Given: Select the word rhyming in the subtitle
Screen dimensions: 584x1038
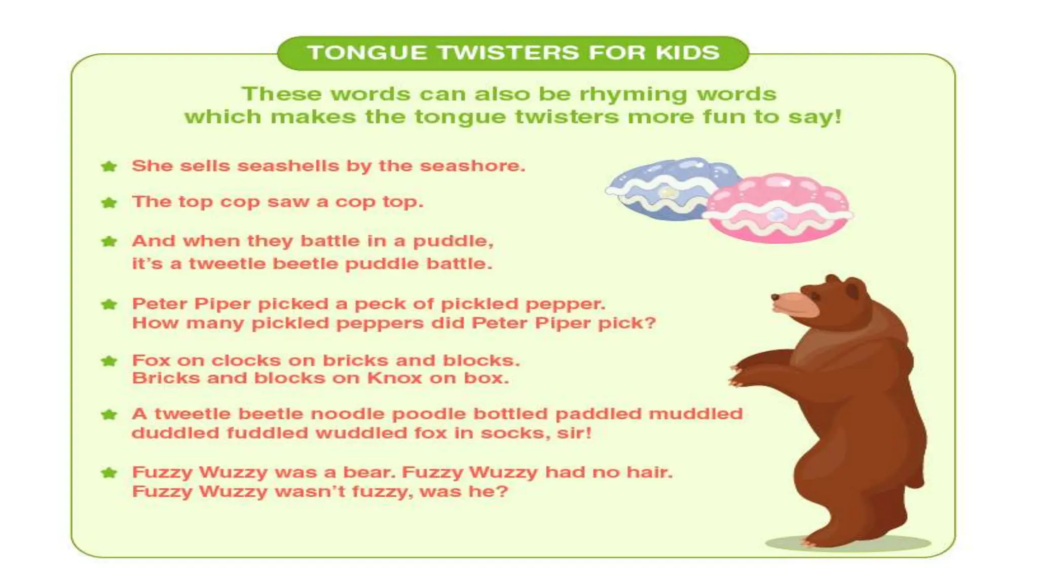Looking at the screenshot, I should tap(634, 94).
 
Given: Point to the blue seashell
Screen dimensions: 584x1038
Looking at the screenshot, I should tap(664, 188).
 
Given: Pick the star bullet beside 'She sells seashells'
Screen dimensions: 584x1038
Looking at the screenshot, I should tap(109, 166).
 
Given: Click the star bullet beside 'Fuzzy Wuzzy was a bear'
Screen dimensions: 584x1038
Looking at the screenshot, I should tap(109, 473).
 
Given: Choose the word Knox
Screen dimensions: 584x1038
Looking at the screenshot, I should tap(394, 378).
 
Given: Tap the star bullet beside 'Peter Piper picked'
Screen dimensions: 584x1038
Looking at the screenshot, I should tap(109, 305).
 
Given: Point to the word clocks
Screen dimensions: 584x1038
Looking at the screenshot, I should tap(246, 360).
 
